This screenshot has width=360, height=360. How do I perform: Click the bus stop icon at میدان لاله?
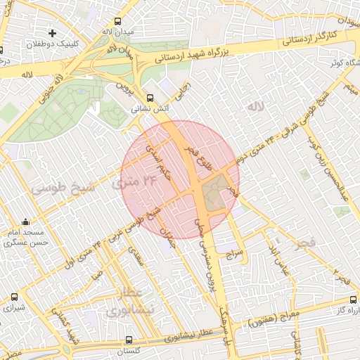(117, 20)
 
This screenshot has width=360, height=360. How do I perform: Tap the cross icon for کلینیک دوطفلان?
(52, 33)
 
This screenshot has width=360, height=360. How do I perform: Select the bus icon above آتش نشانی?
(149, 98)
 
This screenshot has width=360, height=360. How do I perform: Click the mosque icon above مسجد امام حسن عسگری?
(26, 221)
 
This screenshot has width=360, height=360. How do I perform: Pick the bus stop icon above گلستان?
(128, 340)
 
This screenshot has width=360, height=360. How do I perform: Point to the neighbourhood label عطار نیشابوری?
(127, 302)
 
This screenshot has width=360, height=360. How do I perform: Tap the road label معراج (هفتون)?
(274, 321)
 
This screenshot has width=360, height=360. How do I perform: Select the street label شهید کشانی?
(69, 326)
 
